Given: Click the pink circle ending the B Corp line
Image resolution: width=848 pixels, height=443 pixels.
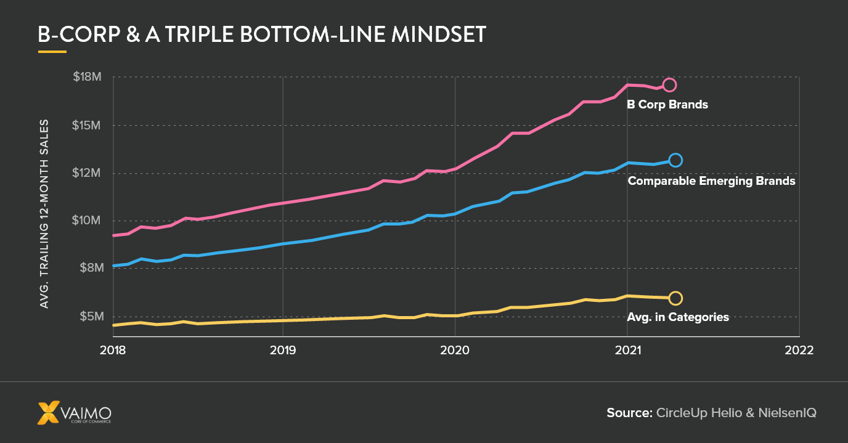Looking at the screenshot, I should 669,85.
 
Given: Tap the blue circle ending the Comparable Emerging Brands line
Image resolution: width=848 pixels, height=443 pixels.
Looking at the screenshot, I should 675,160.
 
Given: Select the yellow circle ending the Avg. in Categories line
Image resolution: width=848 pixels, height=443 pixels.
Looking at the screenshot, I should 675,298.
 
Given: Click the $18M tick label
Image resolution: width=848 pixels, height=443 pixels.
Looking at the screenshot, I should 87,77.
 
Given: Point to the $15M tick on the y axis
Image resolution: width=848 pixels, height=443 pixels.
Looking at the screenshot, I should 87,125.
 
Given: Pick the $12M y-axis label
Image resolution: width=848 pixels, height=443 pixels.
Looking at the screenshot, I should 87,173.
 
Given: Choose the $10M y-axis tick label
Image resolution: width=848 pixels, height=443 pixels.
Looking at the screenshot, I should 87,221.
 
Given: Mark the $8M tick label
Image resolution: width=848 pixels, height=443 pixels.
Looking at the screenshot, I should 89,269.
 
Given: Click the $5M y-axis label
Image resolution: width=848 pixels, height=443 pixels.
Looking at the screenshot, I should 89,316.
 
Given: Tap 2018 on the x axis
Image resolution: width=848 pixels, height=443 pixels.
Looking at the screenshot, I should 113,350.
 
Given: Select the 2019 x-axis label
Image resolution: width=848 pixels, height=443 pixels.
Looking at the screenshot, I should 283,350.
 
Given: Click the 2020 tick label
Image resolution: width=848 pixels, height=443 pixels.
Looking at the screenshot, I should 455,350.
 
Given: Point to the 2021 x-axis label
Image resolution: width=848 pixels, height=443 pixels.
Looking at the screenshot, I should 627,350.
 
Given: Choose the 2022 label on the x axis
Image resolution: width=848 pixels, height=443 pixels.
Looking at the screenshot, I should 799,350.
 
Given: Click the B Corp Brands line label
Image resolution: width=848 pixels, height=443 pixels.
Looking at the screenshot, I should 667,105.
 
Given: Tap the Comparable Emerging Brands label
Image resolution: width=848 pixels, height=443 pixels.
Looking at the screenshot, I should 711,182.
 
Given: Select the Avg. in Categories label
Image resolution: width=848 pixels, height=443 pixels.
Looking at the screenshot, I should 678,317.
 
